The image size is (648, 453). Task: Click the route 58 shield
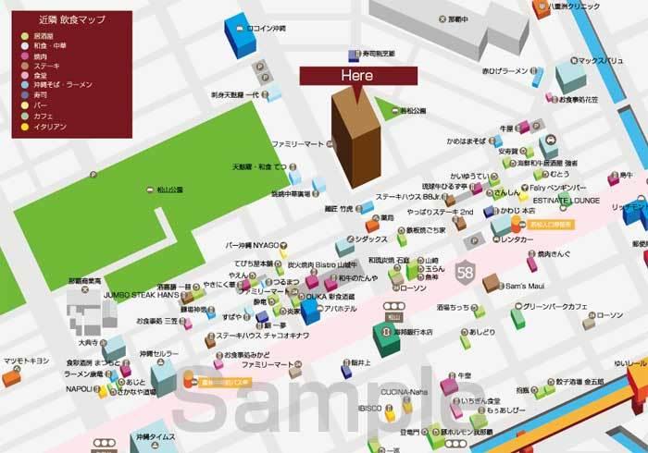point(466,273)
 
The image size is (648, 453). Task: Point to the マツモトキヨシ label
point(26,360)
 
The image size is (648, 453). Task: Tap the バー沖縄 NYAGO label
point(253,245)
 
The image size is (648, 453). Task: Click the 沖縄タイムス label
point(153,435)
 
